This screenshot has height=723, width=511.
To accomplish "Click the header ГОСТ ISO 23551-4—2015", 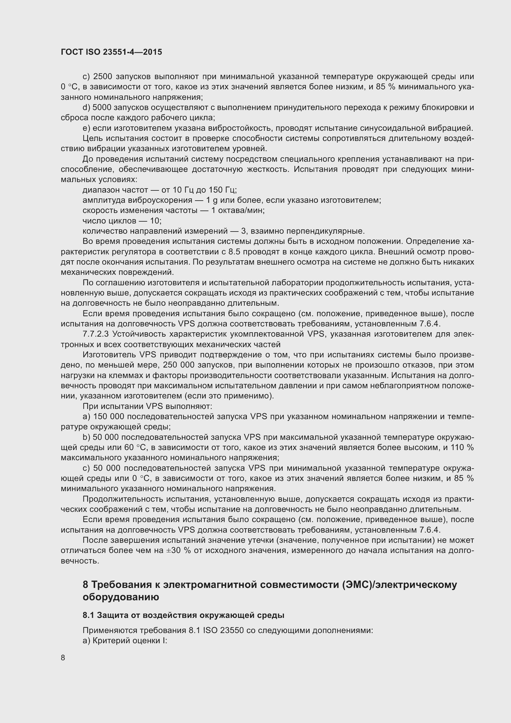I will click(112, 52).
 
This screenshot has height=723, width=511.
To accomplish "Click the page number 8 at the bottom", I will click(63, 657).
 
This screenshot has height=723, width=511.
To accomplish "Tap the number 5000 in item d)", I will click(102, 108).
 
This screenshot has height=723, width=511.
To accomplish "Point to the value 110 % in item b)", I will click(462, 448).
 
